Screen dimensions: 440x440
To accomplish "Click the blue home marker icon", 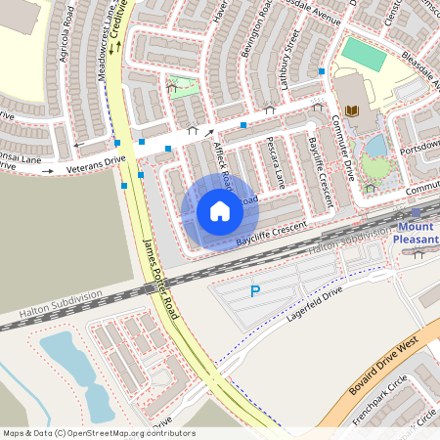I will click(220, 211).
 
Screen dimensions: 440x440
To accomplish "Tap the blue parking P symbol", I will click(256, 291).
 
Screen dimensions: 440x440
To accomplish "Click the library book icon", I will click(352, 110).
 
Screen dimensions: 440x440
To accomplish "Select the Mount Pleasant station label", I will click(416, 231).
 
